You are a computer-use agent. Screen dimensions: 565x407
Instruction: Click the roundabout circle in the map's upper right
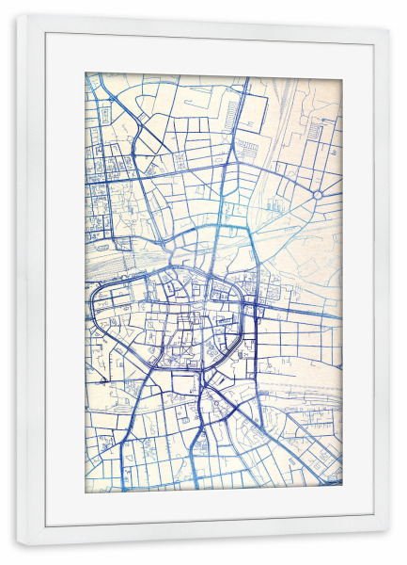point(318,194)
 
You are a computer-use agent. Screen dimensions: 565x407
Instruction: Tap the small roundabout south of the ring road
point(215,404)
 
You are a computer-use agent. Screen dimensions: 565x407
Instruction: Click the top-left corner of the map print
point(86,73)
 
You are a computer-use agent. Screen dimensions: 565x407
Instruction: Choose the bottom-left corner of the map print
point(86,492)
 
